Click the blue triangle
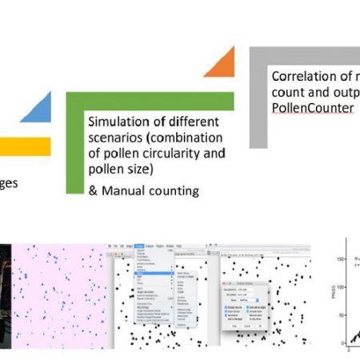(x=38, y=110)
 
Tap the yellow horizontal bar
(x=24, y=146)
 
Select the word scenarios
(x=114, y=138)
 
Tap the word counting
(x=171, y=191)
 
